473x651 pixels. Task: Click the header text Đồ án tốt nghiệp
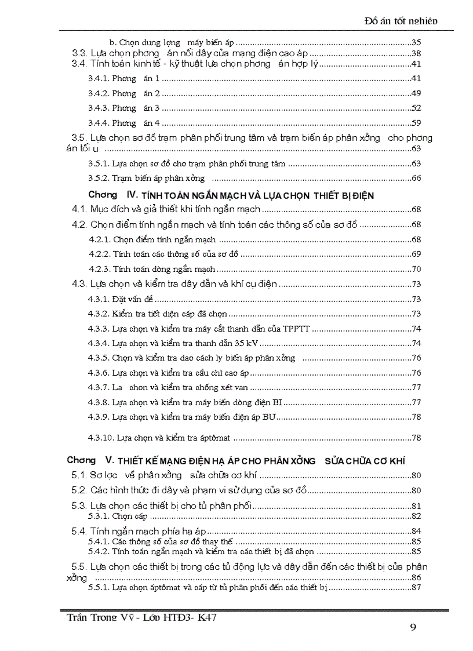[401, 21]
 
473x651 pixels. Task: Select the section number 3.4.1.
[98, 78]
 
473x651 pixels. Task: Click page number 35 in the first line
[416, 42]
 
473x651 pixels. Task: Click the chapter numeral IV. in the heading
[126, 195]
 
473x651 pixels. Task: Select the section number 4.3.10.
[100, 438]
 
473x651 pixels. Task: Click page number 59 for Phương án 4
[416, 123]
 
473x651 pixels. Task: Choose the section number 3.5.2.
[98, 178]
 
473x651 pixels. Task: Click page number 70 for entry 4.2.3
[416, 269]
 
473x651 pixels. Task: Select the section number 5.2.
[79, 490]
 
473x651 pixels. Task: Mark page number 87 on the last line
[416, 587]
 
